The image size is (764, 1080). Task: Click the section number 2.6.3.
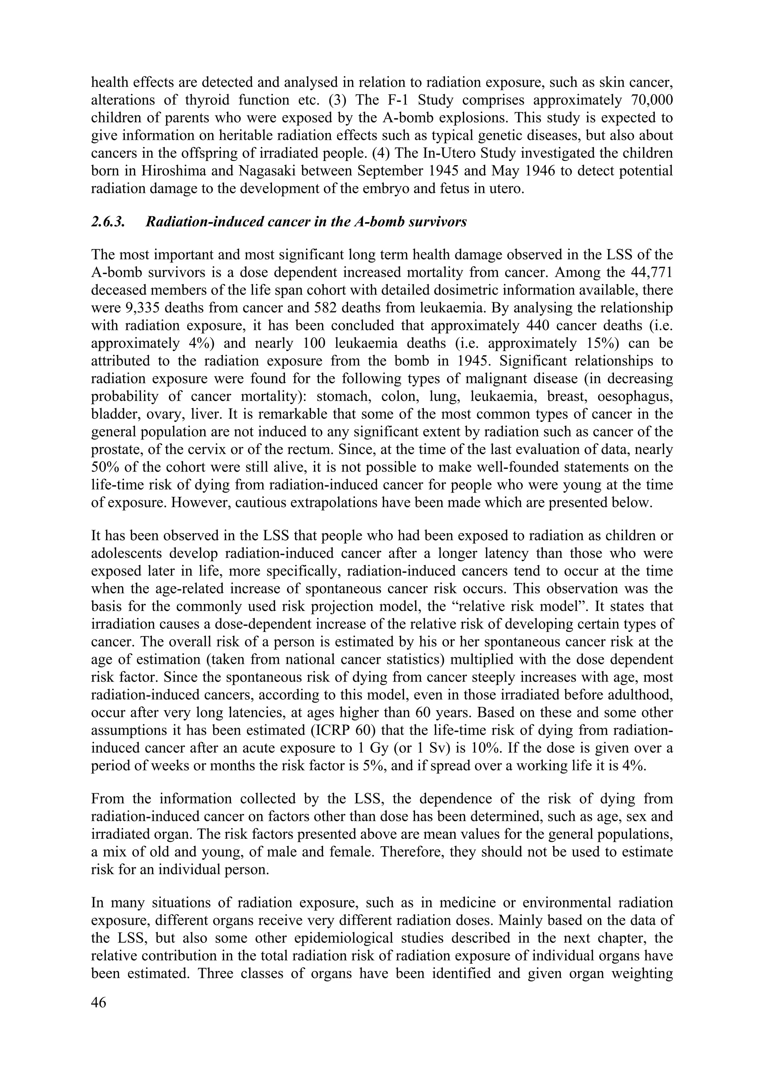108,221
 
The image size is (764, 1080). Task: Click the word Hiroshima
171,171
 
